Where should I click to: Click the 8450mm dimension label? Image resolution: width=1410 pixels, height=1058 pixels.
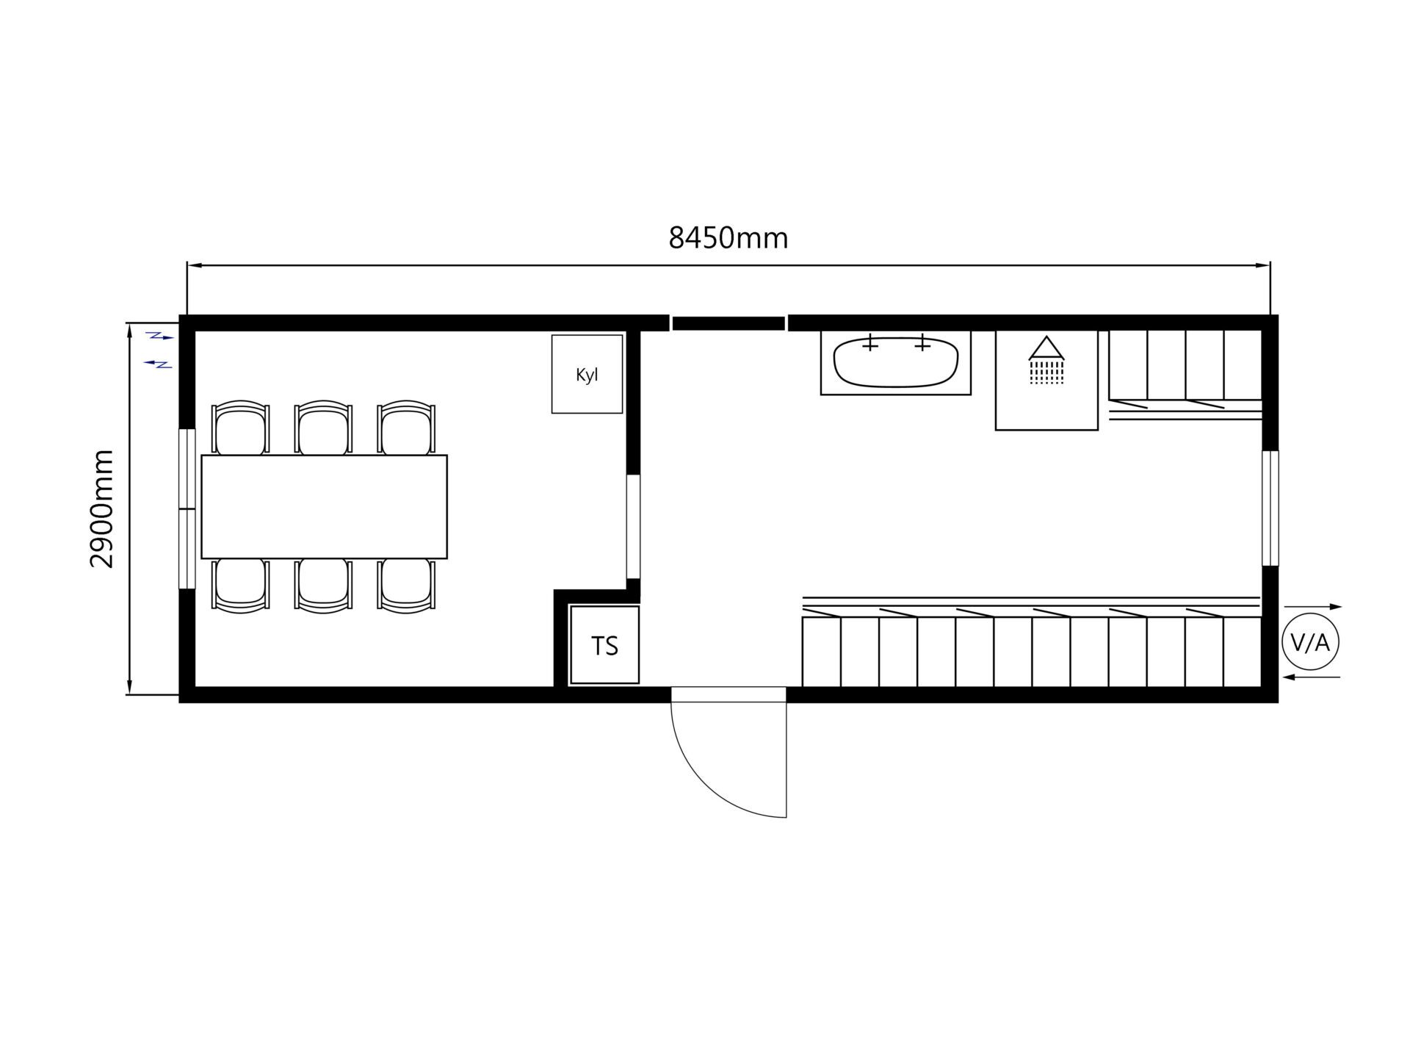728,238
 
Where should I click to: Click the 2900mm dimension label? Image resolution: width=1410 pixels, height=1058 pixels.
102,508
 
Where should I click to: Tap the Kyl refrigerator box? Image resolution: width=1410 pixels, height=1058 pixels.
587,374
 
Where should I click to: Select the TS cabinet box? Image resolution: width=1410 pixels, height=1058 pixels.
604,645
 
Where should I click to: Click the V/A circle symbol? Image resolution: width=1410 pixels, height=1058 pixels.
1310,642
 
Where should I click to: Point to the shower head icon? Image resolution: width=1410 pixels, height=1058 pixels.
1046,360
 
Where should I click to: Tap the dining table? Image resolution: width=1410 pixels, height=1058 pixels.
324,507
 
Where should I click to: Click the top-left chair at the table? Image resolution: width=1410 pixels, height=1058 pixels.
240,428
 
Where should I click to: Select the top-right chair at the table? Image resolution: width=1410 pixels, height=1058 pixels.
407,428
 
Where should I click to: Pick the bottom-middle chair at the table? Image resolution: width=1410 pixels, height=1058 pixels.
323,586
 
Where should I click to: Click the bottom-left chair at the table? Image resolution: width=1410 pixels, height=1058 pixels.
240,586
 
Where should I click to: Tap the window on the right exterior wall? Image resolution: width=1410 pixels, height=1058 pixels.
1270,508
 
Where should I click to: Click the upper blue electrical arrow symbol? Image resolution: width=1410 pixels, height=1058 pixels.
160,337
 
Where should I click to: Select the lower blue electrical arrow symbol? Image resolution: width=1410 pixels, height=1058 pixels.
158,363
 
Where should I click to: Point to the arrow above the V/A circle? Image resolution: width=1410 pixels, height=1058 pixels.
1314,607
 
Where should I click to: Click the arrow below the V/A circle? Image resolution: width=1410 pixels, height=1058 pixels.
1312,677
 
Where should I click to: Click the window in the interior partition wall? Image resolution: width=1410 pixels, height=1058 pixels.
633,527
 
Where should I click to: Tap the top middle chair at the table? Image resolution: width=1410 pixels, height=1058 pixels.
323,428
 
